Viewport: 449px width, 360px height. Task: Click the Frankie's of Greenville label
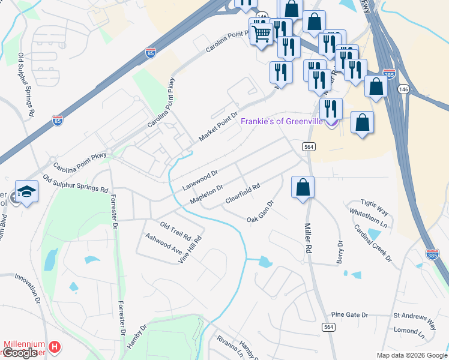[282, 121]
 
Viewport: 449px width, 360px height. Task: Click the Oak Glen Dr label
[260, 212]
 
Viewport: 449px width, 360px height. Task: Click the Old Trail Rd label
[175, 229]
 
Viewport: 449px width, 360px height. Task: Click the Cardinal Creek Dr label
[372, 243]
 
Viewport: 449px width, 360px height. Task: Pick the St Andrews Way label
[414, 315]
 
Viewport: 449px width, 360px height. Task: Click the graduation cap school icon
[26, 191]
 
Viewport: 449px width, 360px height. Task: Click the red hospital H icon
[55, 347]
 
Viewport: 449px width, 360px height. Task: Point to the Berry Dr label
[340, 252]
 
